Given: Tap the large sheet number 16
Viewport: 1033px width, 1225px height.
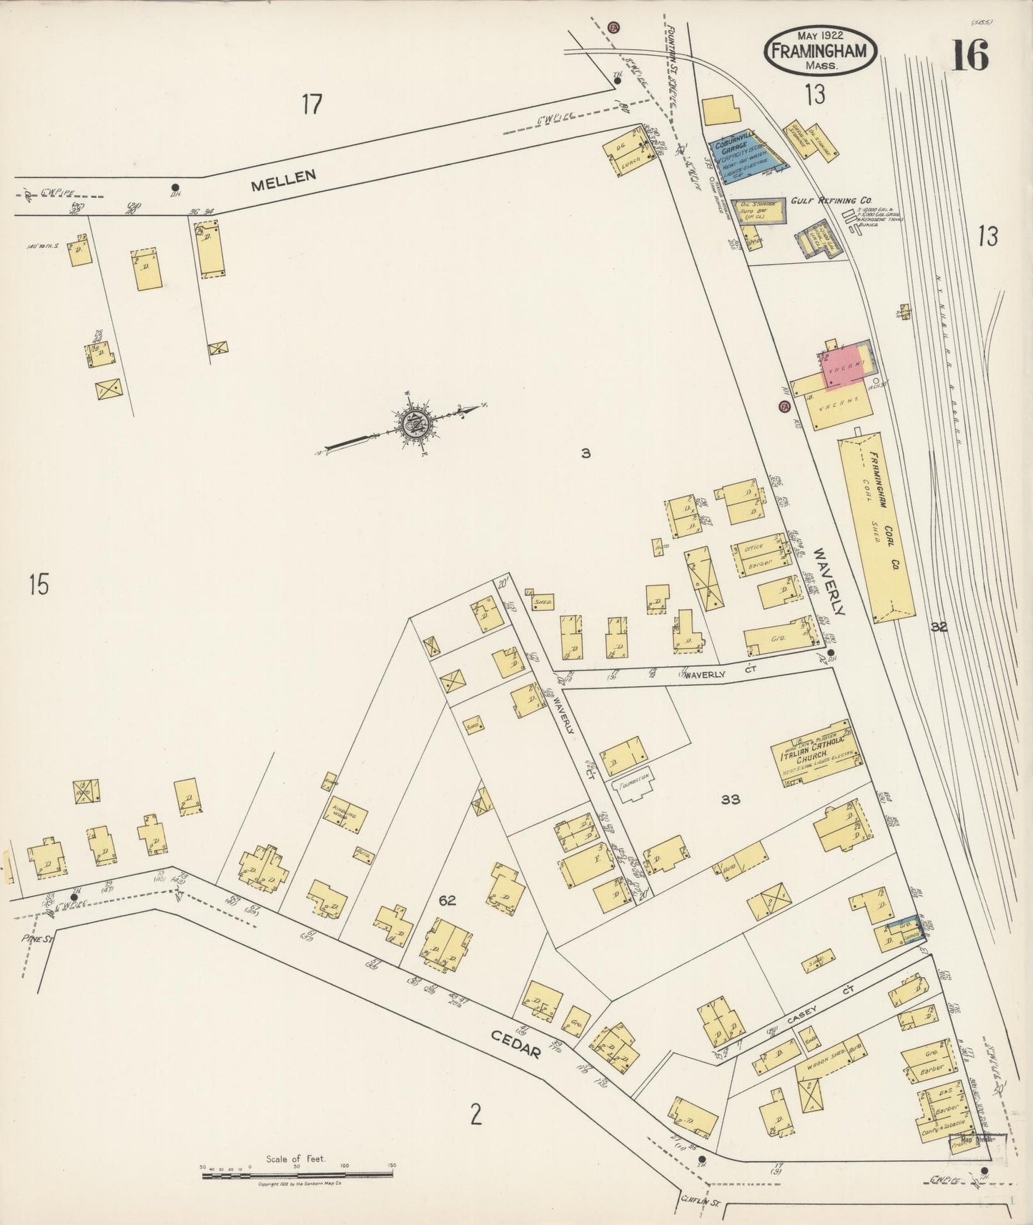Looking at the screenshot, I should click(969, 55).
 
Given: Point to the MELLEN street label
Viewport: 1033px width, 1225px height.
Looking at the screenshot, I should click(284, 179).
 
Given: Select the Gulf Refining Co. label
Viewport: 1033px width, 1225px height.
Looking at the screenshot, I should click(825, 202).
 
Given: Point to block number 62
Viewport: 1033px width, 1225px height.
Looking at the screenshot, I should click(448, 901).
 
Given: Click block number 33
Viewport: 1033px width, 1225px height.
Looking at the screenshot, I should click(730, 800).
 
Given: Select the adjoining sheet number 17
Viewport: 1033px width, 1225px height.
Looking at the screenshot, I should click(311, 105).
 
